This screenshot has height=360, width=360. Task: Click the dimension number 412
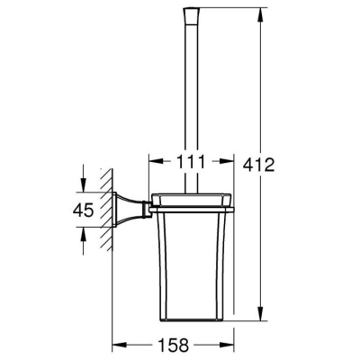pos(258,165)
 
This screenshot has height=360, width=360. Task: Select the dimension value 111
pos(191,161)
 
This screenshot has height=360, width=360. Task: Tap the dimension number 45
pos(83,210)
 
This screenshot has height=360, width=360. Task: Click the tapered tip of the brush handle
pos(191,15)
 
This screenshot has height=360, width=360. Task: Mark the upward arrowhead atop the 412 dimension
pos(261,14)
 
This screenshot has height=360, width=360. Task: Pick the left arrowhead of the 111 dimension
pos(157,161)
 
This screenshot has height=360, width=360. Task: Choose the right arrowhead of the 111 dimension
pos(226,161)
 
